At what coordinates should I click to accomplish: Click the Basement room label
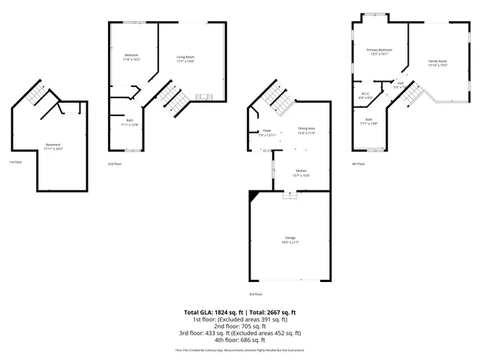(x=53, y=144)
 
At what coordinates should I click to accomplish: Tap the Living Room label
(x=185, y=57)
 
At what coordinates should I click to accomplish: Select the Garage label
(x=289, y=238)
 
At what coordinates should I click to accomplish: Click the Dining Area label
(x=307, y=129)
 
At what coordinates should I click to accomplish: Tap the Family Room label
(x=438, y=61)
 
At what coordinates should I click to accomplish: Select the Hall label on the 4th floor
(x=400, y=83)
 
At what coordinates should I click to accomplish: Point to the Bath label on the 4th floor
(x=369, y=120)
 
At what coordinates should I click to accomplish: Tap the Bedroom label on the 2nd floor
(x=131, y=55)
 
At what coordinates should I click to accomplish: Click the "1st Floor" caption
(x=16, y=162)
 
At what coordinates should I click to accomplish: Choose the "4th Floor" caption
(x=358, y=163)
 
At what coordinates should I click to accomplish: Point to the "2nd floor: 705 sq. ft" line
(x=240, y=326)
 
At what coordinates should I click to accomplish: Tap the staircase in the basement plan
(x=34, y=95)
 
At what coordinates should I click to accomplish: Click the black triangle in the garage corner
(x=253, y=194)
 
